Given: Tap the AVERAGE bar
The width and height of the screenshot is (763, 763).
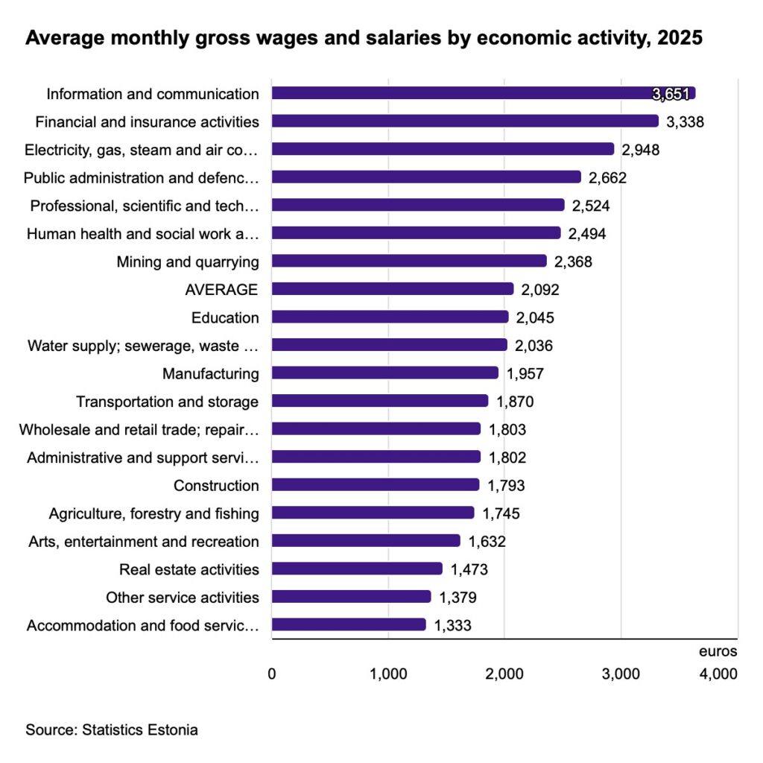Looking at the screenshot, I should tap(393, 289).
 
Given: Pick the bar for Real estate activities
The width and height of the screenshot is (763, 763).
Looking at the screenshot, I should tap(357, 569).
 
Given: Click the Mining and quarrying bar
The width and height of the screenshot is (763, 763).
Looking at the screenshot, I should tap(409, 262).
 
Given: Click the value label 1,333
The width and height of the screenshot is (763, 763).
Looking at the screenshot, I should tap(452, 626).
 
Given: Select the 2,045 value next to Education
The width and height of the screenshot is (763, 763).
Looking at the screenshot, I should tap(535, 318).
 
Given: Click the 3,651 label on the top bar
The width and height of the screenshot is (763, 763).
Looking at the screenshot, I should tap(671, 94).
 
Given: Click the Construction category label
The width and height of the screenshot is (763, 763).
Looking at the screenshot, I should tap(216, 486).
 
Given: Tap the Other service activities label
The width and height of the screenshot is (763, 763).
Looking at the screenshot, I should tap(183, 598).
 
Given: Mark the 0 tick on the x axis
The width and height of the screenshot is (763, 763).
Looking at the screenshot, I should tap(272, 674).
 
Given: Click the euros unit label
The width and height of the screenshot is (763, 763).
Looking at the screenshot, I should tap(718, 651).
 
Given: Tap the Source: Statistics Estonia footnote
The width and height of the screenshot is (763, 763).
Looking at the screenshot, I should tap(112, 729).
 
